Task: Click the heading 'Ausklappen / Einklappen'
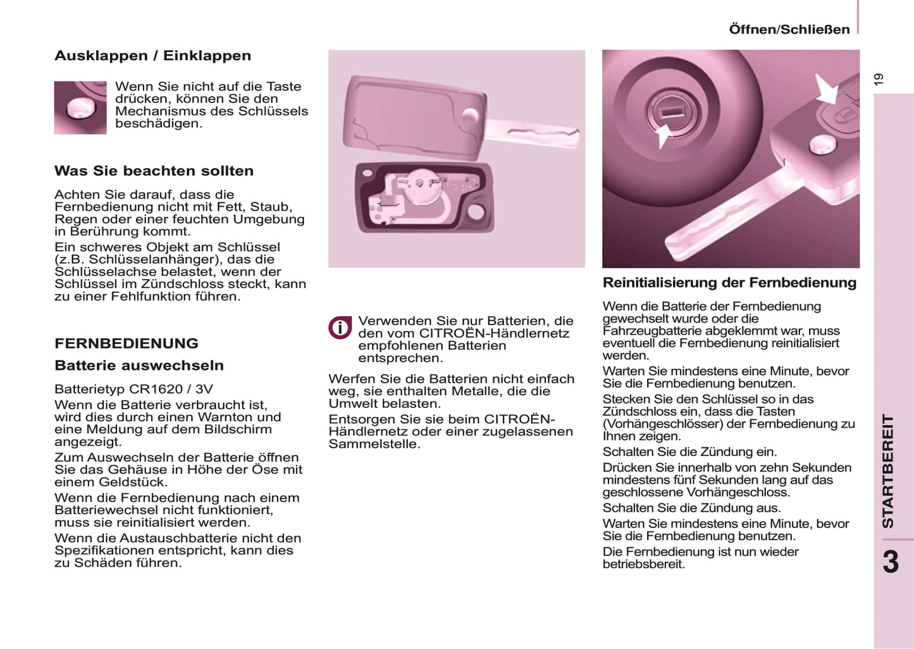click(152, 56)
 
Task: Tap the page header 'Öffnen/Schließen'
click(789, 29)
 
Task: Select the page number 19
click(878, 79)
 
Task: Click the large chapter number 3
click(891, 562)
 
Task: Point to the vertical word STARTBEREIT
click(888, 471)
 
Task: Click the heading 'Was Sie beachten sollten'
click(154, 171)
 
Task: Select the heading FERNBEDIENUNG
click(127, 343)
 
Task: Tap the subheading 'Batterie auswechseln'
click(139, 366)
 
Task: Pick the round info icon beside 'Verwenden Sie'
click(340, 328)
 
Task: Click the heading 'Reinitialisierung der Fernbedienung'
click(729, 283)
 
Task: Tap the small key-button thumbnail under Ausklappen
click(80, 108)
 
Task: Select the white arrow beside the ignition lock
click(663, 135)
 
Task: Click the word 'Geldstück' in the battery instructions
click(135, 482)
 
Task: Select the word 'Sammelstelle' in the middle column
click(373, 444)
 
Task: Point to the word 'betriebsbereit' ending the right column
click(643, 564)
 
